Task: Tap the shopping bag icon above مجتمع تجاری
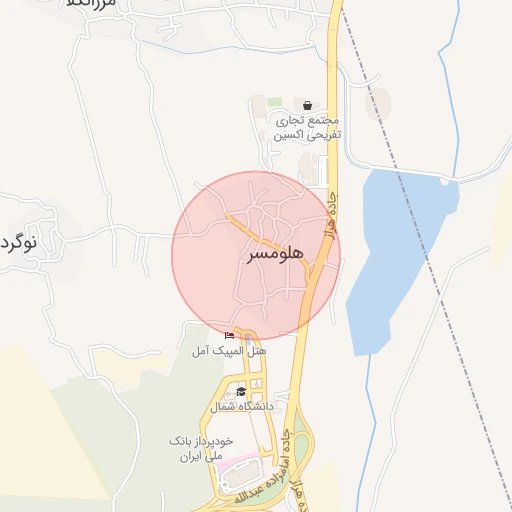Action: [306, 105]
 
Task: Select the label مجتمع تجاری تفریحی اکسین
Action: [309, 126]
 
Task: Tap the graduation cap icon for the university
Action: [241, 391]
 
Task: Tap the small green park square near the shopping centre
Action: [274, 103]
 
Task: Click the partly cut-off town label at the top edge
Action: [95, 4]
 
